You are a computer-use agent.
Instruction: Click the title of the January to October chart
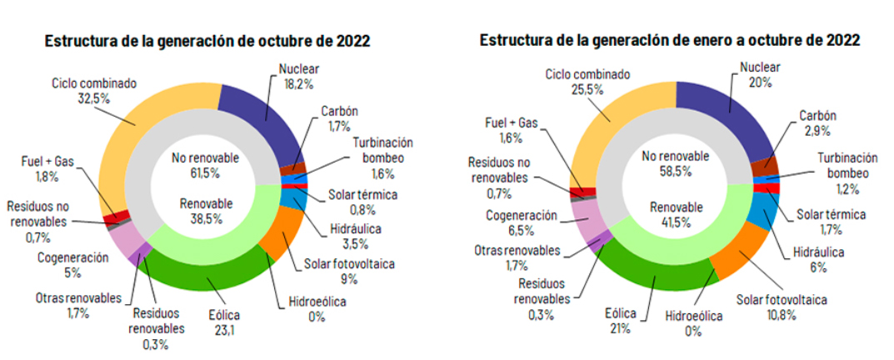[x=669, y=40]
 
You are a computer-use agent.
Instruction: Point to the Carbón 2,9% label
[x=817, y=124]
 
